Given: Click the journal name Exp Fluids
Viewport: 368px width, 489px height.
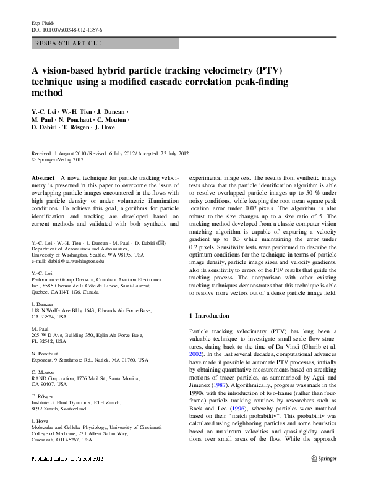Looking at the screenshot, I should tap(43, 22).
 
